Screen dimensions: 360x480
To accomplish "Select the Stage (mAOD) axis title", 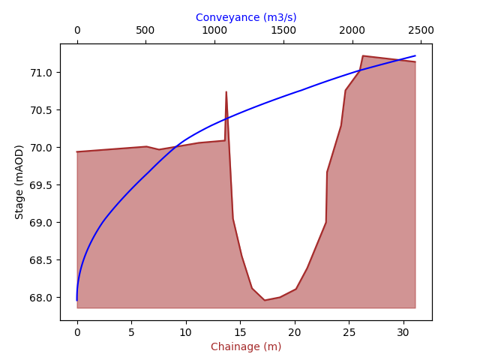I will (19, 181).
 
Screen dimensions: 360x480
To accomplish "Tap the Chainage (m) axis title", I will (246, 346).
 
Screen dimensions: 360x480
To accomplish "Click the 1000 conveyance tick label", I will (214, 30).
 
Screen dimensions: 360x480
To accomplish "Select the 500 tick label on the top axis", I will (145, 30).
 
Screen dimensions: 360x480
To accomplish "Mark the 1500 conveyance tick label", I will (283, 30).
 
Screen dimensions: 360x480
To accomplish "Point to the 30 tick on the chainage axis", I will (403, 331).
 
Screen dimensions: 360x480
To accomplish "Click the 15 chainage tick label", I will (240, 331).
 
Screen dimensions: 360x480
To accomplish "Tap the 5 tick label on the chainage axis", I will (131, 331).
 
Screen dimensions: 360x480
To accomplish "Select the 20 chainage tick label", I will (295, 331).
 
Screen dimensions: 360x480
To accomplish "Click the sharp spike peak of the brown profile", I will (226, 92).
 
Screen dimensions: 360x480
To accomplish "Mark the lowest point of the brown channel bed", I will (265, 300).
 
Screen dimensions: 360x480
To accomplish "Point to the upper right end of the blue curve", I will (415, 56).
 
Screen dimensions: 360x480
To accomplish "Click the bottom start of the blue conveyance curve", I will (77, 300).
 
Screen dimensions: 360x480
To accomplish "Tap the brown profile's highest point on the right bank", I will (363, 55).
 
